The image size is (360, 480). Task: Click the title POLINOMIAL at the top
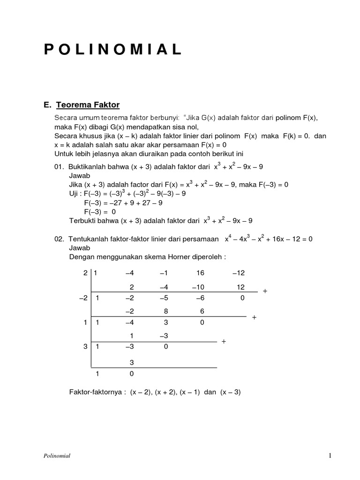[x=113, y=50]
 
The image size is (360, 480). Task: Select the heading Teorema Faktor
[x=90, y=104]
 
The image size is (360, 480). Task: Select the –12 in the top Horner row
[x=238, y=273]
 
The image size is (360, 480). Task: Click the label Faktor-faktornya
[x=96, y=392]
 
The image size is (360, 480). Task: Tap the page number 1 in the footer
[x=330, y=455]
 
